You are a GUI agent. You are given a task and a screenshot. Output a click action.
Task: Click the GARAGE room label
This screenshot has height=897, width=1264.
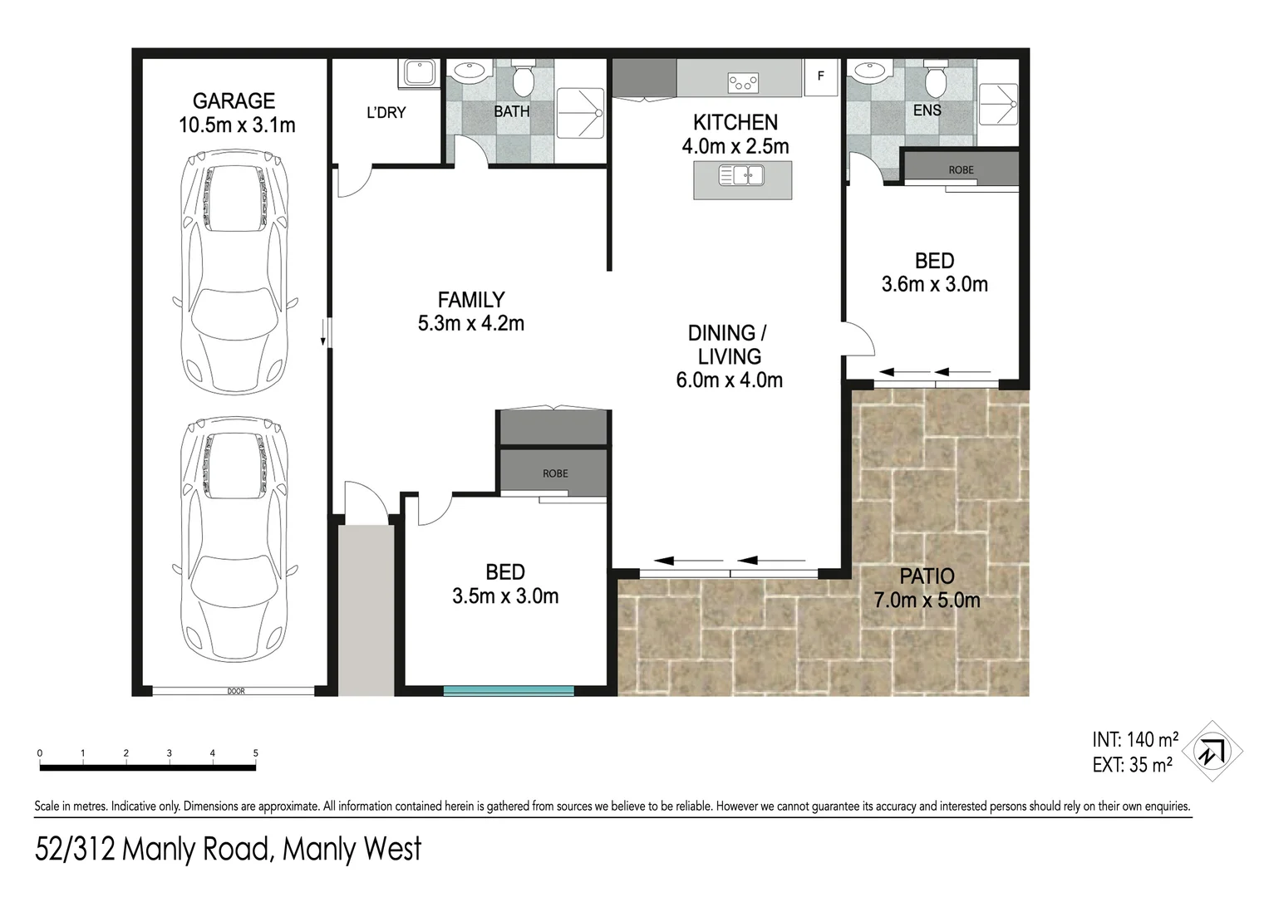[x=234, y=101]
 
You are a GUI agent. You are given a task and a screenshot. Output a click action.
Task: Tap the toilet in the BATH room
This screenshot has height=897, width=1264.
[x=524, y=79]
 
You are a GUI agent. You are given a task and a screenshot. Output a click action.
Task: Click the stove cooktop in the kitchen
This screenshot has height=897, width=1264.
[x=743, y=83]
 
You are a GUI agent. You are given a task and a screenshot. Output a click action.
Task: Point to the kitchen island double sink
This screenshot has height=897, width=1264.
[x=741, y=175]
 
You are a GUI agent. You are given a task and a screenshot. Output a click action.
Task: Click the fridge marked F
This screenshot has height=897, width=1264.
[x=821, y=76]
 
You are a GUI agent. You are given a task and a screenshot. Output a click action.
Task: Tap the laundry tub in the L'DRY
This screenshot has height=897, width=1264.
[x=418, y=73]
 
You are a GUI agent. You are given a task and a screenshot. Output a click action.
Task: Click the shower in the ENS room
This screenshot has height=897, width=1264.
[x=998, y=105]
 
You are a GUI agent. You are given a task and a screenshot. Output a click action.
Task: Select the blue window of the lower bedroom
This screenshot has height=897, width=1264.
[x=509, y=690]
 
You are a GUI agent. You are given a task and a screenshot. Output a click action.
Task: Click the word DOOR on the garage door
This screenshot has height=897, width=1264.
[x=236, y=691]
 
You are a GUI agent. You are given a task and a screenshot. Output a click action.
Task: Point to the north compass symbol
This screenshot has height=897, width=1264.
[x=1212, y=751]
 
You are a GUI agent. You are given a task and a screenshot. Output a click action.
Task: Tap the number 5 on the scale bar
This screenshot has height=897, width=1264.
[x=256, y=752]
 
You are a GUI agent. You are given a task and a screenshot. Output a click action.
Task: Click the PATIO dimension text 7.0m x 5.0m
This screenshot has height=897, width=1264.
[x=927, y=600]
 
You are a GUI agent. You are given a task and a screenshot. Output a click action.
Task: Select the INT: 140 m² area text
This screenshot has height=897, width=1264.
[x=1135, y=739]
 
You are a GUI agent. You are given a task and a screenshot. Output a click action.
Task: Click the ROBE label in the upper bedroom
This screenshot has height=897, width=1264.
[x=961, y=169]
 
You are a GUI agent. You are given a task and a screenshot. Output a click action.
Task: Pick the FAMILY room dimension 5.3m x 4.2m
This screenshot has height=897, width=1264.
[x=471, y=324]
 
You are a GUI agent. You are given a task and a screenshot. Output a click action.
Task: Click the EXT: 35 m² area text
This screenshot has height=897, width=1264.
[x=1133, y=764]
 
